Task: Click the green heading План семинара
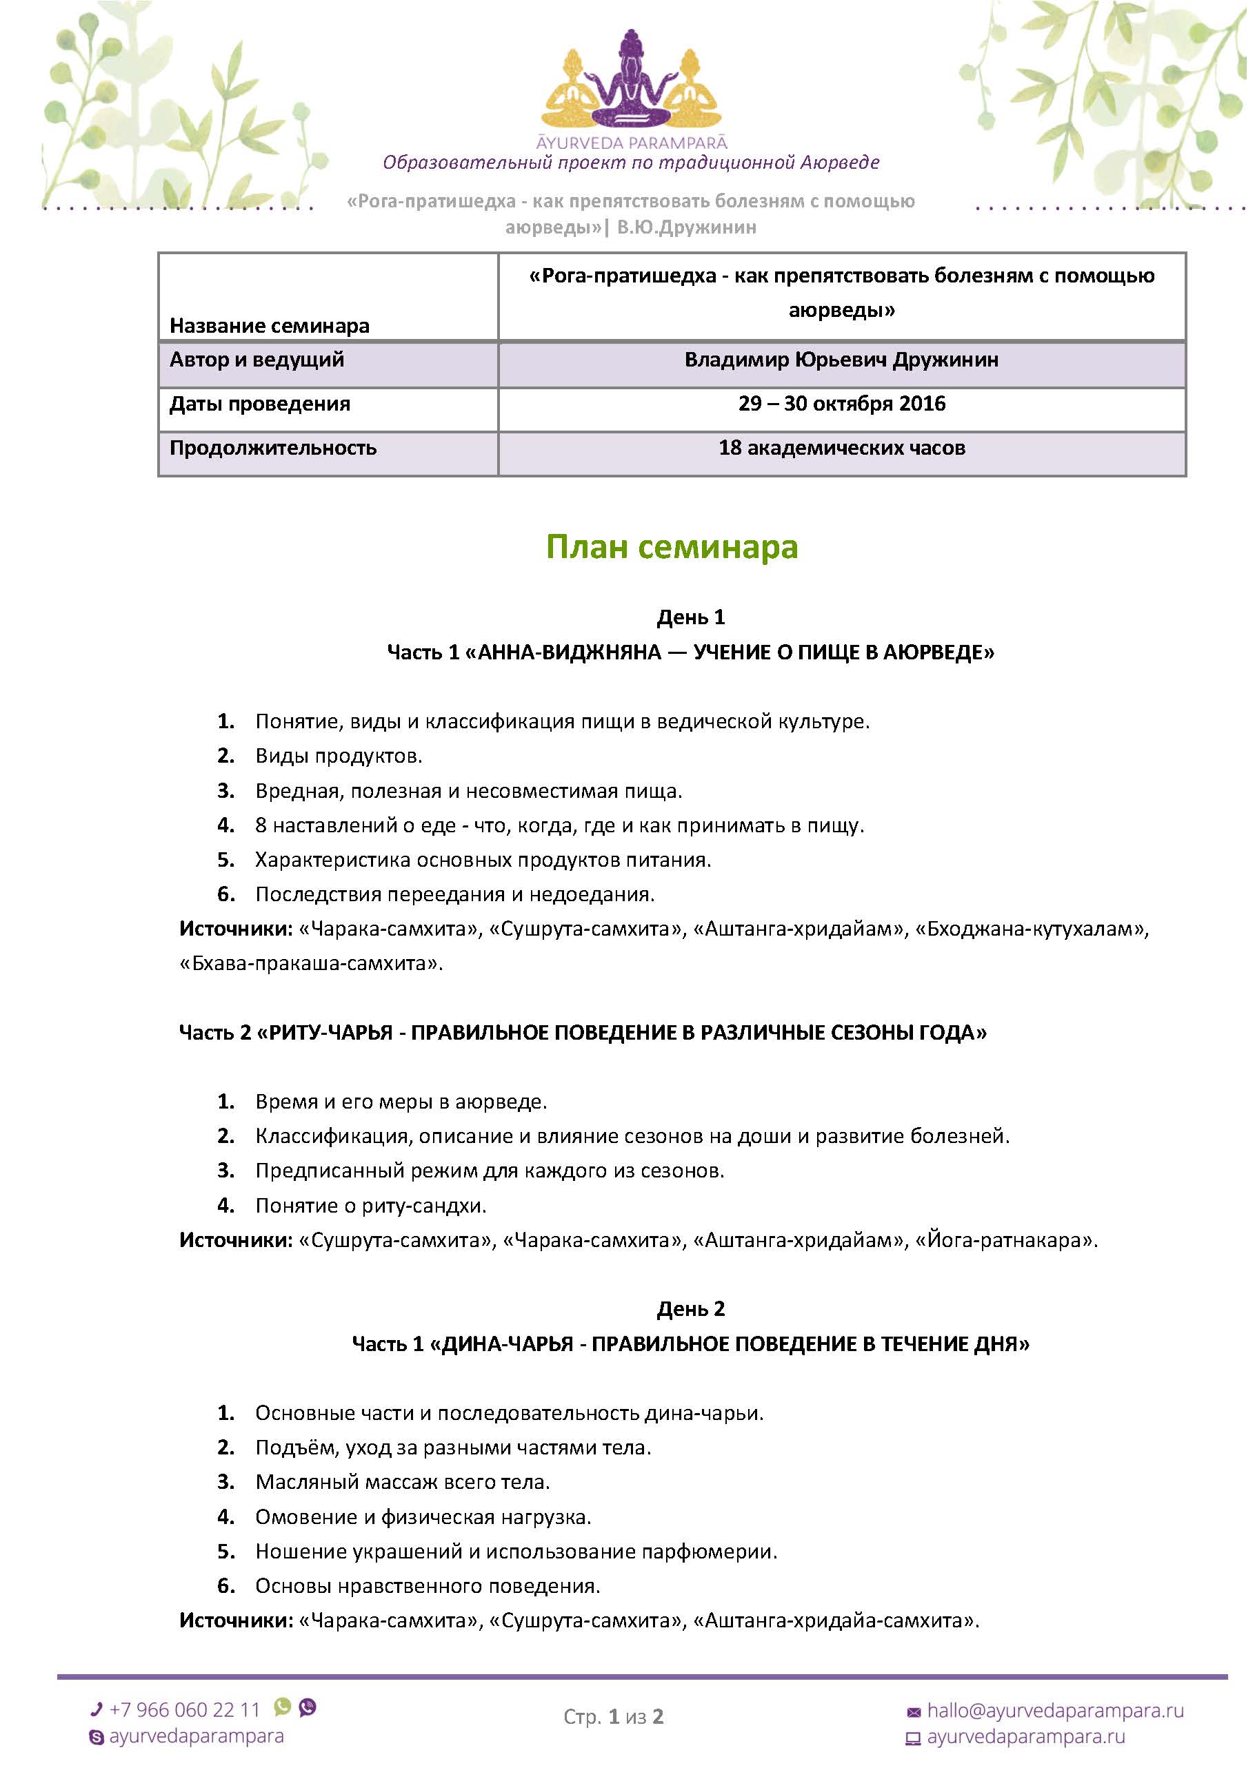(672, 547)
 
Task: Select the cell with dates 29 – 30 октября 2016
(841, 404)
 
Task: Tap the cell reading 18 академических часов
(841, 449)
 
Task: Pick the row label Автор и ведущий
(257, 360)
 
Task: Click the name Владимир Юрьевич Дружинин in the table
(841, 360)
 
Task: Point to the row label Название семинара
(270, 326)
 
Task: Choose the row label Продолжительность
(273, 449)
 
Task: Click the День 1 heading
(690, 617)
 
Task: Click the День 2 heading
(690, 1309)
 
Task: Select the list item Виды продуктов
(339, 756)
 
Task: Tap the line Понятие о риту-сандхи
(371, 1206)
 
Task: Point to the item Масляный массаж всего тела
(402, 1483)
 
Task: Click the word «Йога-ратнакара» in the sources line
(1006, 1240)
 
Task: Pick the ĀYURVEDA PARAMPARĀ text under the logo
(632, 143)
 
